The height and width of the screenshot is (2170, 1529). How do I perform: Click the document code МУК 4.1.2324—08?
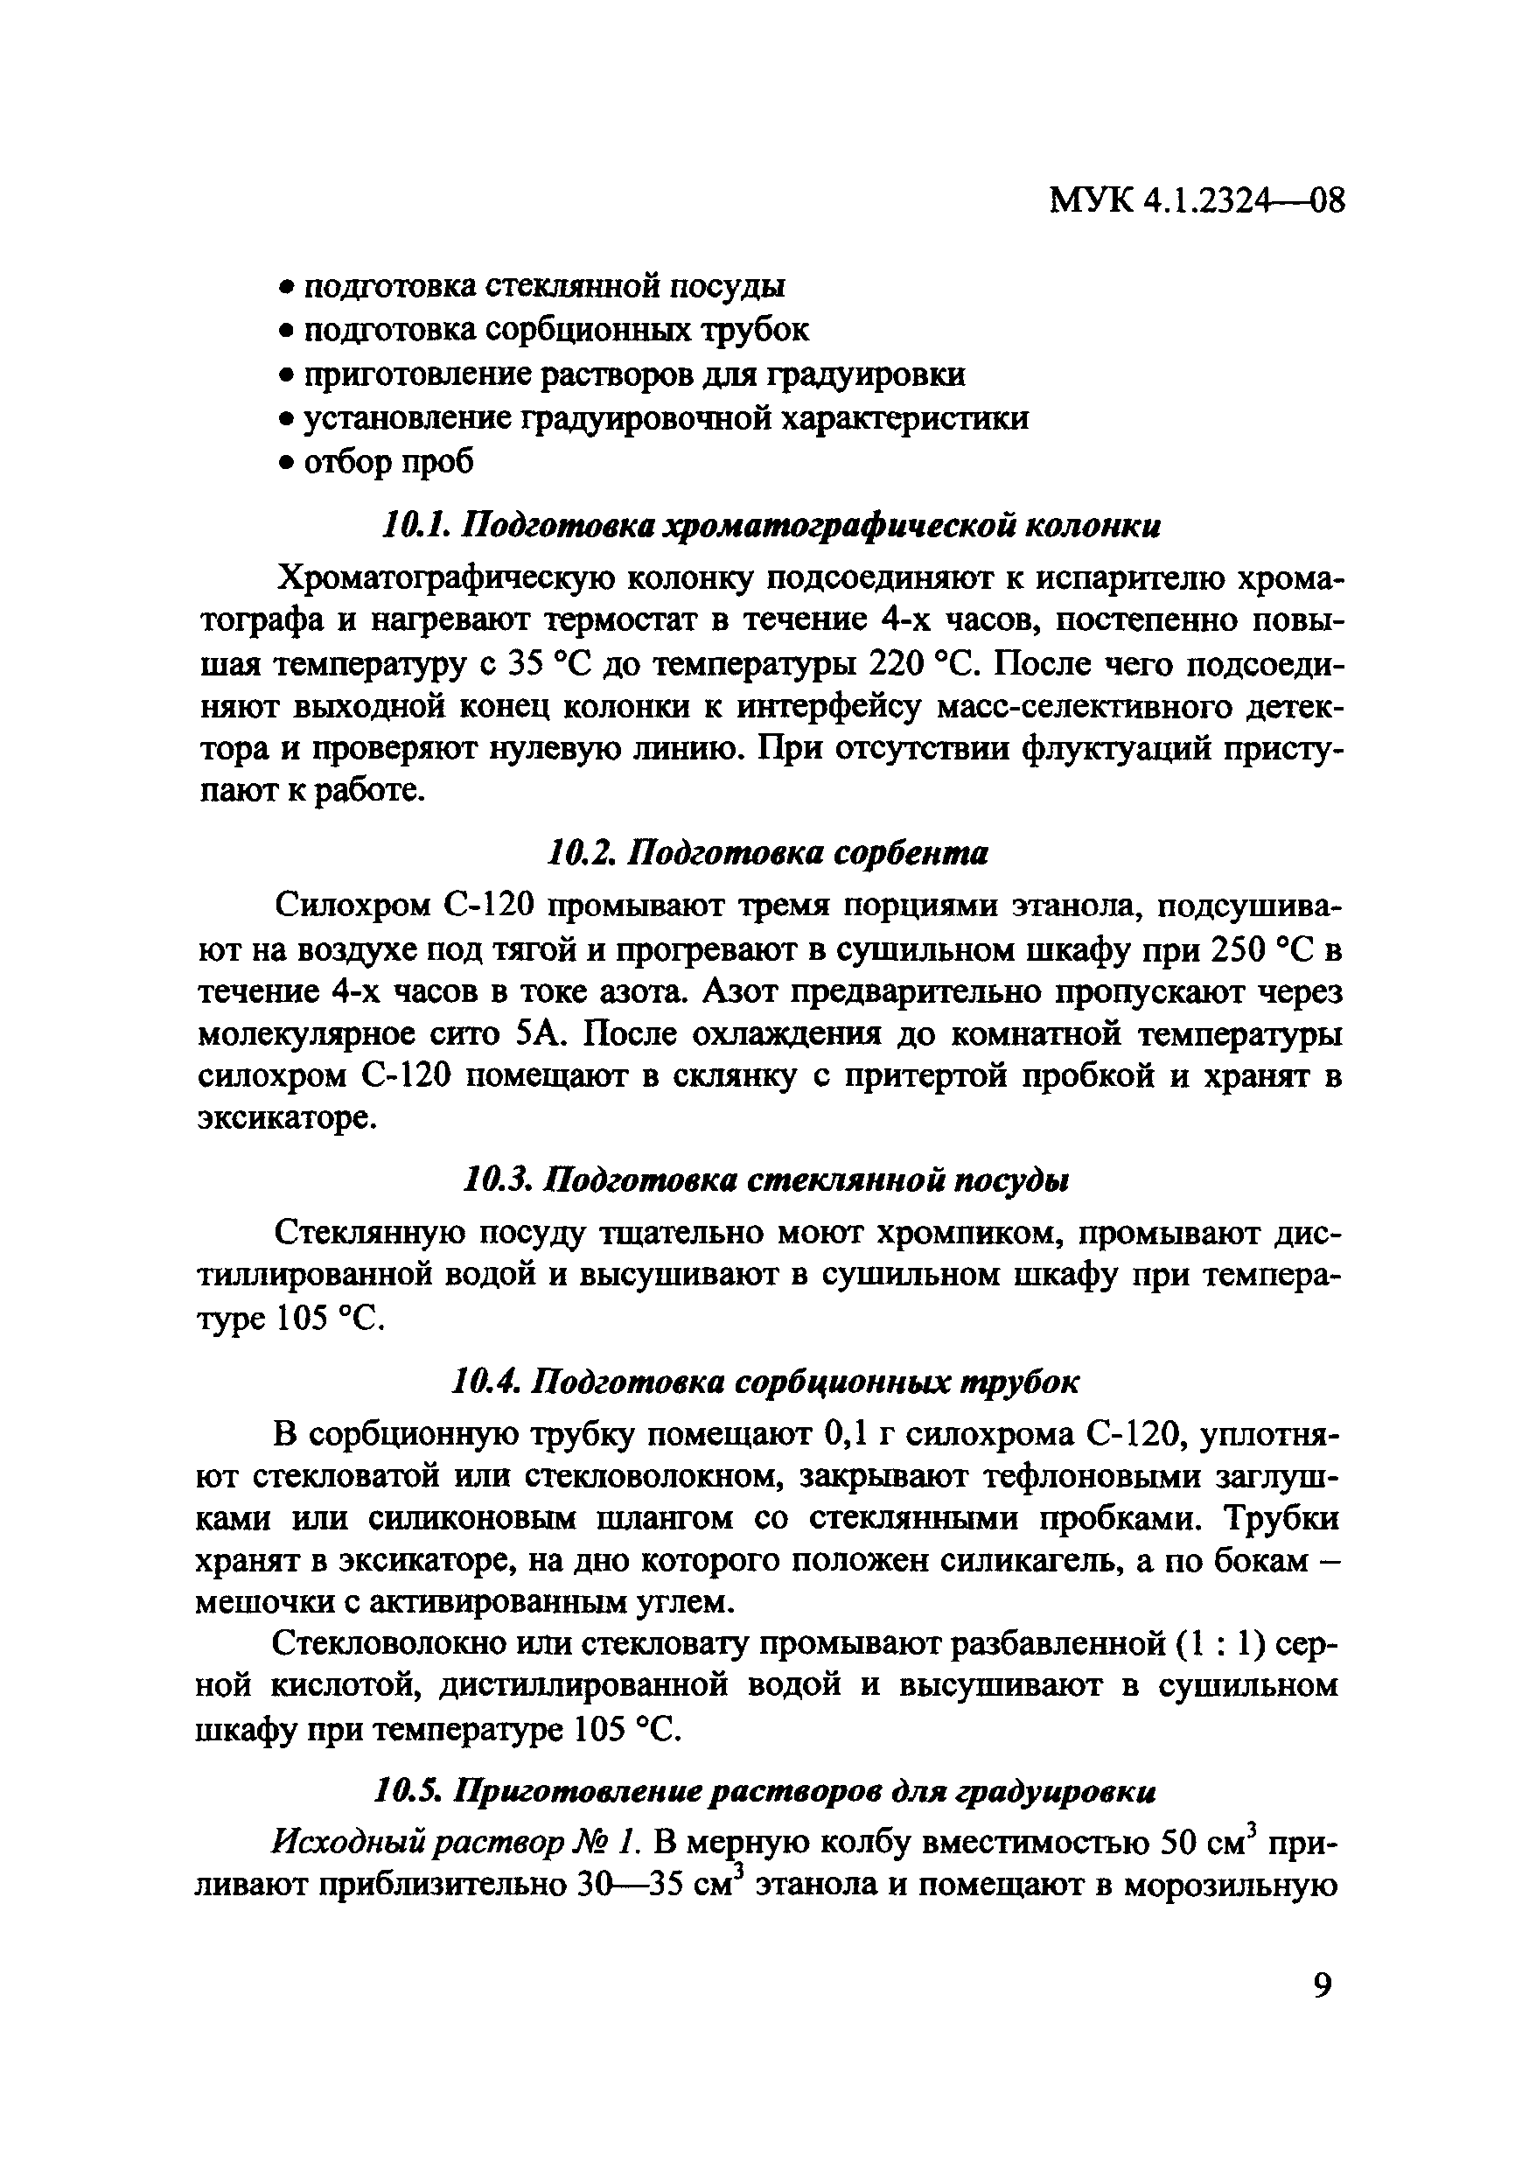pyautogui.click(x=1197, y=201)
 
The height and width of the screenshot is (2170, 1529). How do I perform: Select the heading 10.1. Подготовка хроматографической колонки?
pyautogui.click(x=770, y=526)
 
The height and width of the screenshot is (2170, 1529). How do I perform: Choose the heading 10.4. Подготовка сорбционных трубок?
pyautogui.click(x=764, y=1382)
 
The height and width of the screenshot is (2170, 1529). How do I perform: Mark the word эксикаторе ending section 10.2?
pyautogui.click(x=287, y=1118)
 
